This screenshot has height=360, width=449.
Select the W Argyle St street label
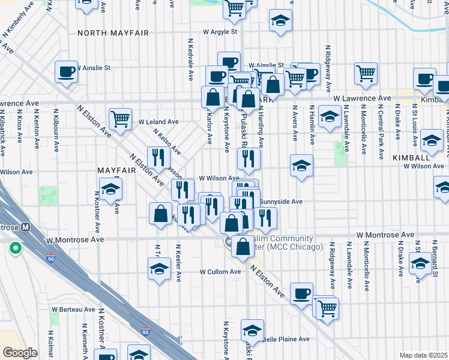tap(220, 31)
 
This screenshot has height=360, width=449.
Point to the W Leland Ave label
tap(158, 121)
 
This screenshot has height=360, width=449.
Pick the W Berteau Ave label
tap(73, 310)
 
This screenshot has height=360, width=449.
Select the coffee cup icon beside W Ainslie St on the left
tap(66, 71)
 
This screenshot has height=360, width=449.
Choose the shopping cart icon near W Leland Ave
tap(120, 118)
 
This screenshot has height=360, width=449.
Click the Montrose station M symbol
tap(25, 227)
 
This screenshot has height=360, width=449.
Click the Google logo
tap(20, 352)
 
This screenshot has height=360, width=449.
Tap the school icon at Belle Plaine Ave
tap(253, 330)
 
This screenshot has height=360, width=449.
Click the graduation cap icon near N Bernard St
tap(420, 262)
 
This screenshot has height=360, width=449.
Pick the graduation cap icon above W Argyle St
tap(280, 20)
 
